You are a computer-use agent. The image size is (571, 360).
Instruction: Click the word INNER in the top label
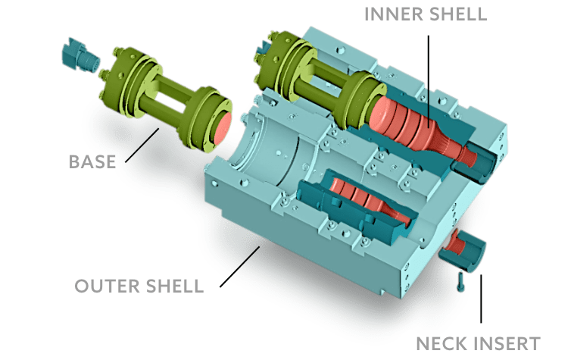[394, 14]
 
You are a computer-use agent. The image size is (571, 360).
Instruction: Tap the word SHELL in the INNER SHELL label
[458, 14]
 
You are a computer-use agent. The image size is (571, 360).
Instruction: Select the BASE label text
[92, 162]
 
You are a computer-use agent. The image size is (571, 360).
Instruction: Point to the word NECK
[442, 344]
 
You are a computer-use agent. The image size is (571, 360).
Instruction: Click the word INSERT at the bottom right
[506, 344]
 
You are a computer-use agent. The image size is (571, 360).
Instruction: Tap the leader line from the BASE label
[142, 146]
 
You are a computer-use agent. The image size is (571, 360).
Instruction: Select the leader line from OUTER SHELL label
[240, 267]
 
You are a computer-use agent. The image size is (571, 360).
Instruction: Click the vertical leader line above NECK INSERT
[481, 299]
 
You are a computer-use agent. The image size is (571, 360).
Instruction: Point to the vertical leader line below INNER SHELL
[429, 82]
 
